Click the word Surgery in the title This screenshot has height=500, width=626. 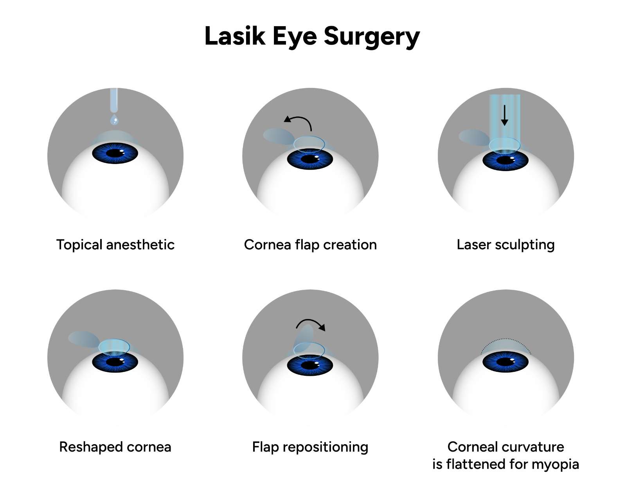coord(372,36)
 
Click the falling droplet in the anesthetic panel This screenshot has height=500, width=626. coord(114,119)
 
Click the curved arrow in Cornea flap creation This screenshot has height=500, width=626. coord(299,121)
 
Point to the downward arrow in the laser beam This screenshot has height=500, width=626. coord(505,115)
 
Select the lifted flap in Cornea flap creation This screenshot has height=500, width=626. coord(278,136)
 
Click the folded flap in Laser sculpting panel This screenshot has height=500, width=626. coord(473,137)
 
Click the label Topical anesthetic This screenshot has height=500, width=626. coord(115,245)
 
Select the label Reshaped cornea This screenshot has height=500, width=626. coord(115,447)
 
